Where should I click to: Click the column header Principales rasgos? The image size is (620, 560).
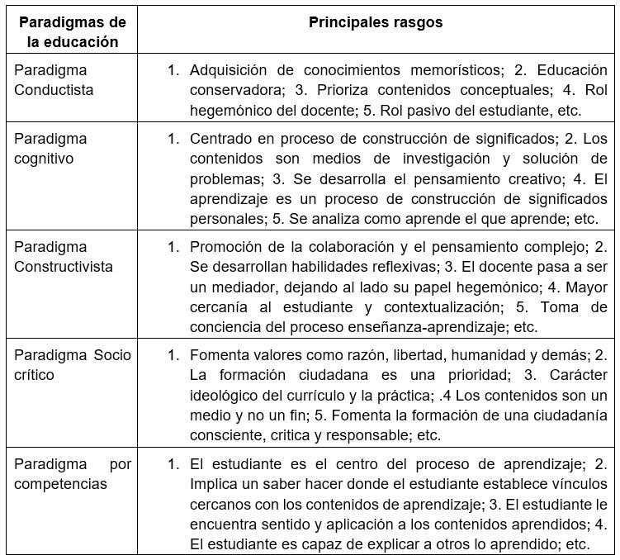point(376,23)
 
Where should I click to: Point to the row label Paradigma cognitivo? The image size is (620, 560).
point(50,148)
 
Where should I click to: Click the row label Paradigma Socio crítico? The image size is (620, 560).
point(73,365)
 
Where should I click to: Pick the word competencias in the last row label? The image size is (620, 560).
point(60,484)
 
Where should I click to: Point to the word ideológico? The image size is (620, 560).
point(228,396)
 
